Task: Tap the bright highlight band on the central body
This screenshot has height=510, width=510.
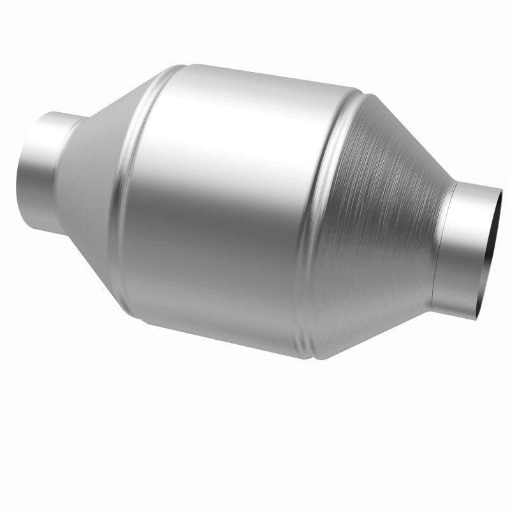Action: pos(223,121)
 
